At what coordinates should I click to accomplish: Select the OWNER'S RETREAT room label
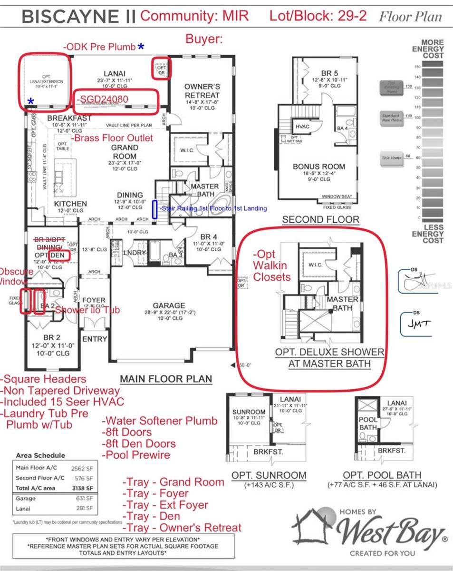[202, 90]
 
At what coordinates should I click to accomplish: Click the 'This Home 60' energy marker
[393, 158]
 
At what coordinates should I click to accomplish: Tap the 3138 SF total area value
[83, 488]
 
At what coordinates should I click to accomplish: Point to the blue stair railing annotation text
[213, 208]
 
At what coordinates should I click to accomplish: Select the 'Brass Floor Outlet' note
[112, 138]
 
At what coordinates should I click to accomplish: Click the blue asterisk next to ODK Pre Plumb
[141, 47]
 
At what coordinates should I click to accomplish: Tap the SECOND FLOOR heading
[320, 219]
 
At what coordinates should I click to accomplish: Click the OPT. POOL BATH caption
[382, 475]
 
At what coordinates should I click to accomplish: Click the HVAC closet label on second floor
[302, 127]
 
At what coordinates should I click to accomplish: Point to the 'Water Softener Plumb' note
[160, 421]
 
